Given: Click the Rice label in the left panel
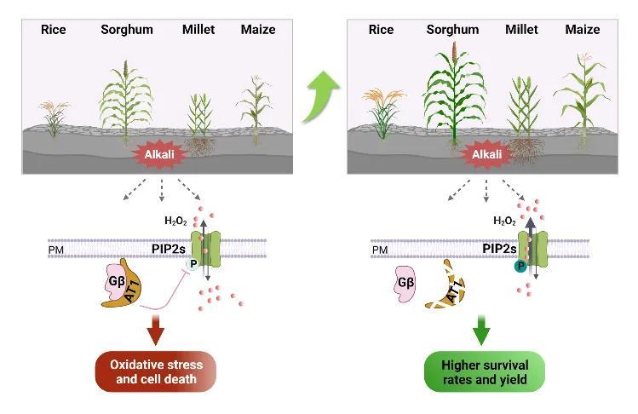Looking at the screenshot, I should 54,29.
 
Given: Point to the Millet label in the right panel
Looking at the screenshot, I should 521,29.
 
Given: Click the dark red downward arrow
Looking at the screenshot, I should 154,328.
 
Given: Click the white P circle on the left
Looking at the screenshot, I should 193,264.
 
